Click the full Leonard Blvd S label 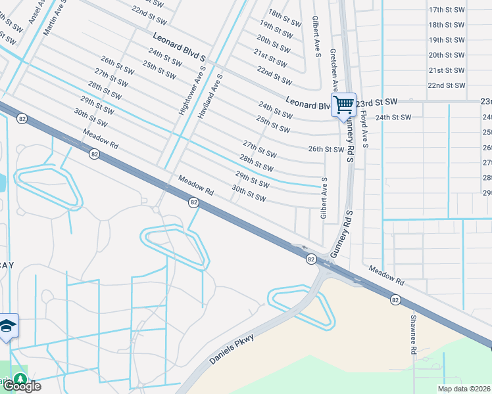[179, 45]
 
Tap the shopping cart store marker [343, 104]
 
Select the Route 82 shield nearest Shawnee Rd [395, 299]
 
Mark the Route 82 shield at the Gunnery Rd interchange [311, 260]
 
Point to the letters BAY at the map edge [7, 264]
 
